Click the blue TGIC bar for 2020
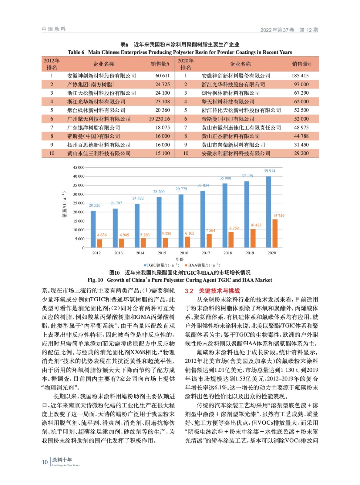[x=268, y=212]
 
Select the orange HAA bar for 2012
[x=99, y=243]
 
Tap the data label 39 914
[x=269, y=171]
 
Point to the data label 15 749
[x=278, y=216]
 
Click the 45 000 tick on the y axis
[x=79, y=168]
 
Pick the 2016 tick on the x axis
[x=184, y=253]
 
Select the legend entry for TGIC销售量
[x=161, y=265]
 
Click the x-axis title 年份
[x=180, y=259]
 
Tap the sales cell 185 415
[x=300, y=76]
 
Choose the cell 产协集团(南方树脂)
[x=91, y=85]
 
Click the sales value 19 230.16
[x=160, y=119]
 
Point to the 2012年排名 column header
[x=52, y=64]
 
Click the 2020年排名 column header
[x=185, y=64]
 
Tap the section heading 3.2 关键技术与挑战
[x=212, y=291]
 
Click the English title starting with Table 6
[x=180, y=52]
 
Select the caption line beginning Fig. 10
[x=180, y=280]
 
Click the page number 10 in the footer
[x=45, y=462]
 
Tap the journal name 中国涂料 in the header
[x=54, y=29]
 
